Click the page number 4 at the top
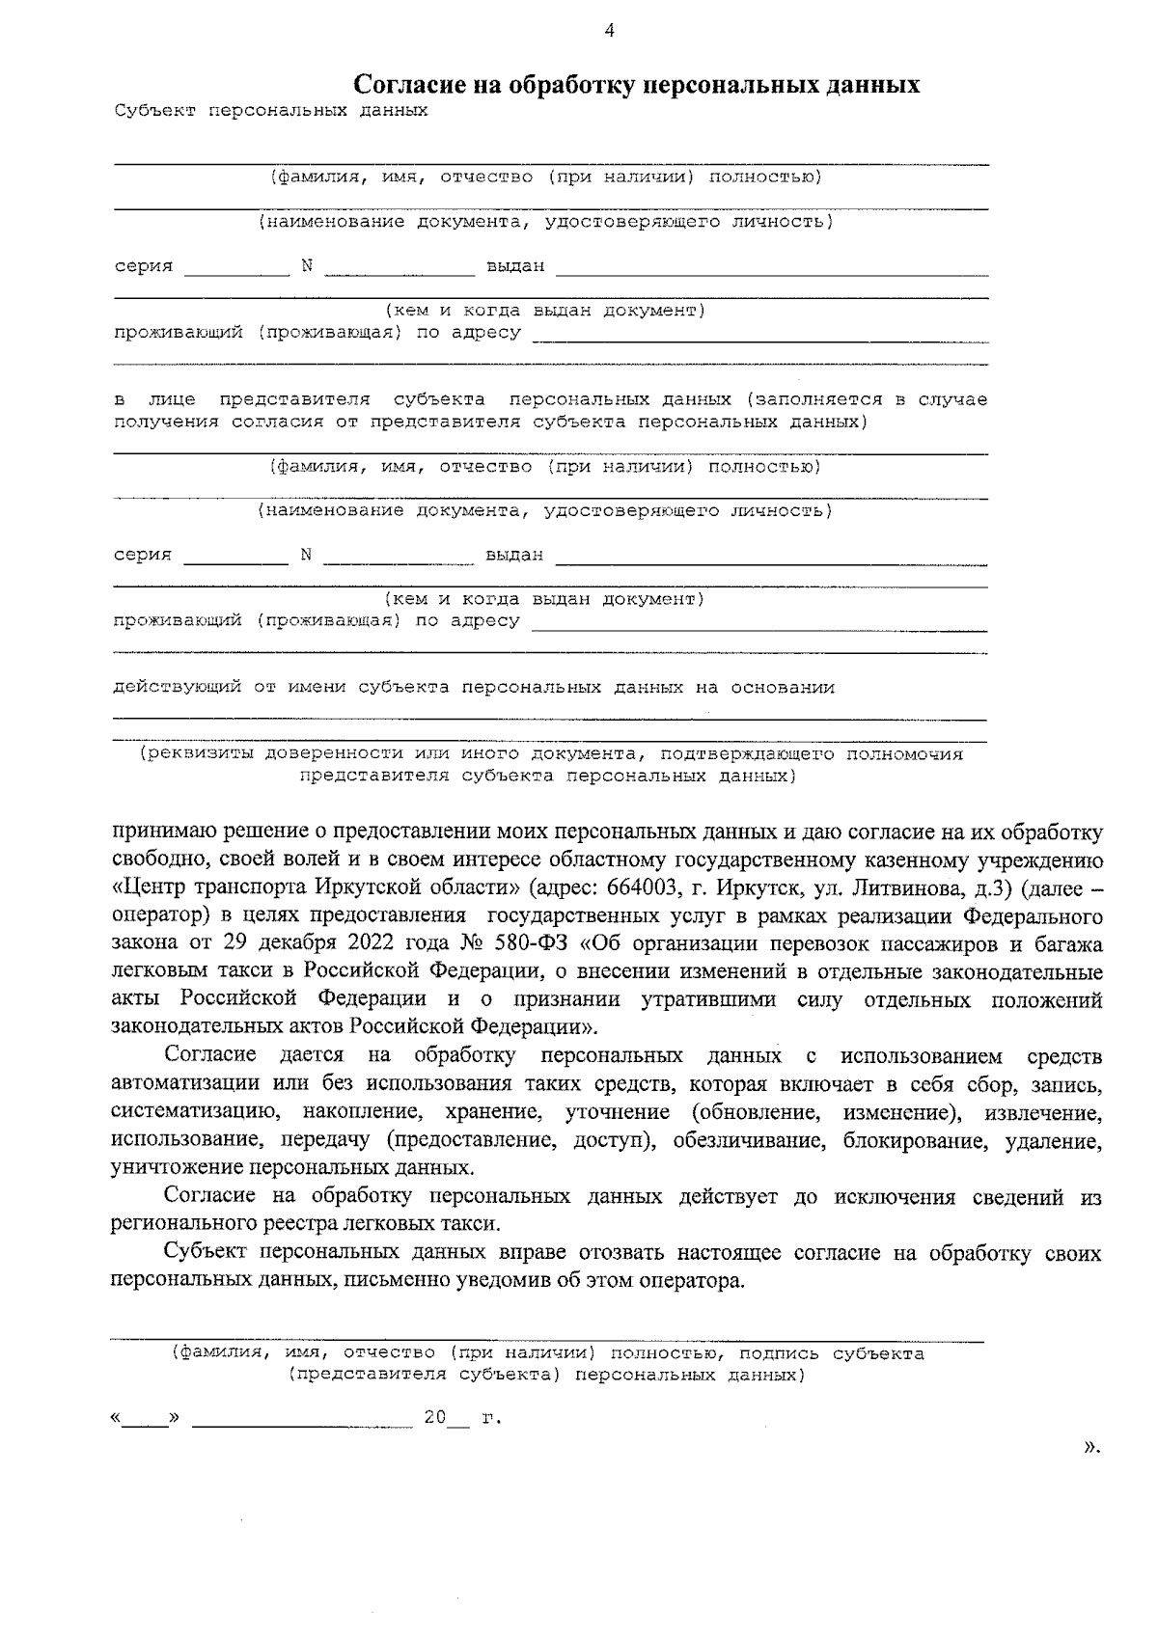(609, 30)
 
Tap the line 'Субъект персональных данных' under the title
(270, 110)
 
